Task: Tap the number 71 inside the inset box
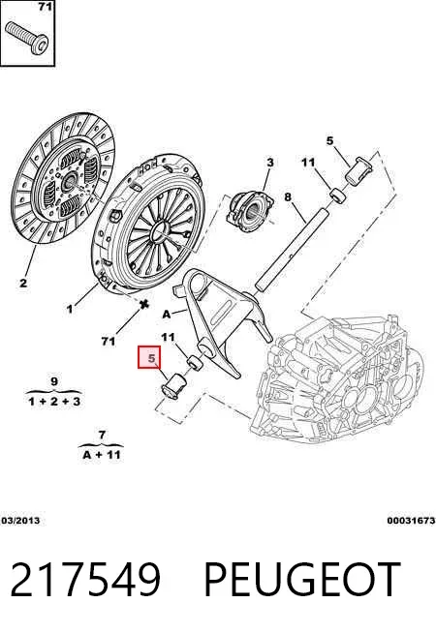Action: [x=45, y=7]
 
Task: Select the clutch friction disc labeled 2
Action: [x=63, y=178]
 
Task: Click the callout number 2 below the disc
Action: [x=23, y=283]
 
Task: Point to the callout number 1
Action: [x=70, y=309]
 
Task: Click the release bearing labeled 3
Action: [x=250, y=211]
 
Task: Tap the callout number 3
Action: [x=270, y=163]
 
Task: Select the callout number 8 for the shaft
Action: [x=288, y=197]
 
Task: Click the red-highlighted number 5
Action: [x=151, y=358]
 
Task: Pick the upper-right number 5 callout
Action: [x=330, y=141]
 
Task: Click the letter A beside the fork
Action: [x=167, y=314]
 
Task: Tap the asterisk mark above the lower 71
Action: [x=143, y=304]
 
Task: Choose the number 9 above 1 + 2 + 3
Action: [x=54, y=381]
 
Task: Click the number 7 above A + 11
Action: [x=102, y=435]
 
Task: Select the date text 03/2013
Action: [x=20, y=521]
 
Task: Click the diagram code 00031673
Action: [x=411, y=521]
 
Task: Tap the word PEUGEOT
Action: [x=302, y=580]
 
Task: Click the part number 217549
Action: [x=85, y=580]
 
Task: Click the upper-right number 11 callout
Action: [x=308, y=163]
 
